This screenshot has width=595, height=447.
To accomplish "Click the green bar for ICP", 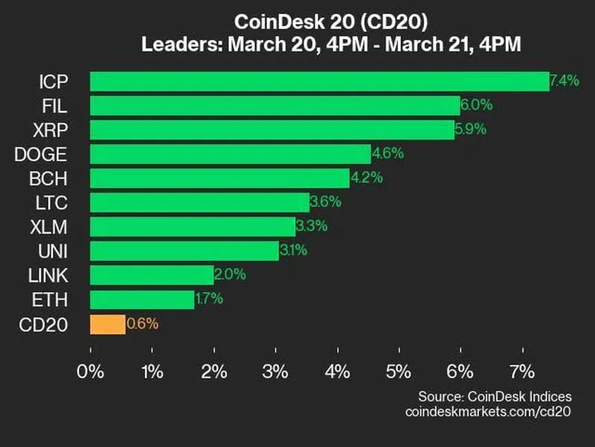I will coord(319,81).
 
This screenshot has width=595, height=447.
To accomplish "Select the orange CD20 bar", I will coord(108,324).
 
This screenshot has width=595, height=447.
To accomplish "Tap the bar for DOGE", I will coord(230,154).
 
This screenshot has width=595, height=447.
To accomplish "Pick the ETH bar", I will coord(142,299).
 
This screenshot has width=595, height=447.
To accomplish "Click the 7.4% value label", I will coord(565,81).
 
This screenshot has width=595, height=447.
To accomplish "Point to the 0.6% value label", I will coord(143,324).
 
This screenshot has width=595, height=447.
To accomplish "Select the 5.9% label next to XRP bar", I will coord(471,130).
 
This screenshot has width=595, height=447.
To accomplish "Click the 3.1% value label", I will coord(294,251).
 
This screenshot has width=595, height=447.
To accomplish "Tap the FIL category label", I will coord(54,106).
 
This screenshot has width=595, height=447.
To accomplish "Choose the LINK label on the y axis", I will coord(48,276).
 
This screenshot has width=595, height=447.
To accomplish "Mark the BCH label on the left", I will coord(51,179).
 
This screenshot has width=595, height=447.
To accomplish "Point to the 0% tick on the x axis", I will coord(91,372).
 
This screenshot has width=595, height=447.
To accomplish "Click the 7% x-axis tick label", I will coord(522,372).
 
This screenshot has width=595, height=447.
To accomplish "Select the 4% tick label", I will coord(338,372).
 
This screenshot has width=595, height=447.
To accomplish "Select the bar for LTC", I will coord(199,203).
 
